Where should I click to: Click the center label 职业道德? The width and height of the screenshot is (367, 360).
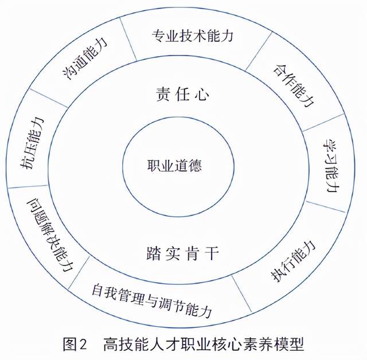(x=174, y=165)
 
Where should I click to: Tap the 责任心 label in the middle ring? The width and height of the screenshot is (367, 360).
(x=182, y=94)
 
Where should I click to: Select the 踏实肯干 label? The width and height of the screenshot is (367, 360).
(x=182, y=253)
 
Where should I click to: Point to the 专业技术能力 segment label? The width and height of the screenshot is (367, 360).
(x=193, y=36)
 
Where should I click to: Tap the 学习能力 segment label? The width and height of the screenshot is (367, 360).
(x=331, y=166)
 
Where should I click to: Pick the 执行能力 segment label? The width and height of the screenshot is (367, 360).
(x=293, y=261)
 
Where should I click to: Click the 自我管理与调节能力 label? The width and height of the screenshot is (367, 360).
(x=152, y=300)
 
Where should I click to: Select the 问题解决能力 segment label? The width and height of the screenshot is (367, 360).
(x=50, y=236)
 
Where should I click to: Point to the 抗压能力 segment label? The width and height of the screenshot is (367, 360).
(x=32, y=143)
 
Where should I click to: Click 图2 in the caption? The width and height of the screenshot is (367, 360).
(x=75, y=344)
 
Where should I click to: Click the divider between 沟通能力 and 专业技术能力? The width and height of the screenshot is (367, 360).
(x=128, y=39)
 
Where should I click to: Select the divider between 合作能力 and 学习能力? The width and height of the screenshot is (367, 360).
(x=323, y=122)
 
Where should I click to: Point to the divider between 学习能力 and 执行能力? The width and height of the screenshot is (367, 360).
(x=326, y=206)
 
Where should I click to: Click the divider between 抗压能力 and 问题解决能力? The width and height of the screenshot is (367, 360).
(x=28, y=187)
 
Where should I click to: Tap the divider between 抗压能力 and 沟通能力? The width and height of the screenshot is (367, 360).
(x=48, y=98)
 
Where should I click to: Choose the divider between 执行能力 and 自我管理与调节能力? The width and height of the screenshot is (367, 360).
(x=241, y=294)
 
